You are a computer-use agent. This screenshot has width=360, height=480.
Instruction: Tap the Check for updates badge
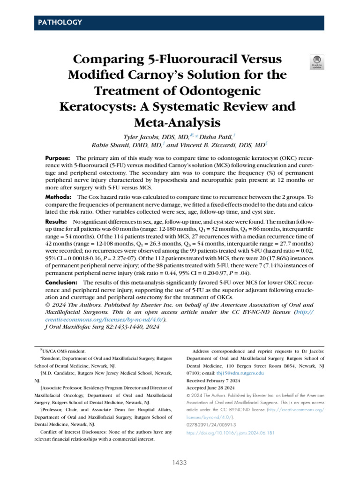coord(317,62)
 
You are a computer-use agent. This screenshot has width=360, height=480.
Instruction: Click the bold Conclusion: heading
coord(61,283)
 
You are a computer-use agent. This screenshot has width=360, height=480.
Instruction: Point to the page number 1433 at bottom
coord(180,463)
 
